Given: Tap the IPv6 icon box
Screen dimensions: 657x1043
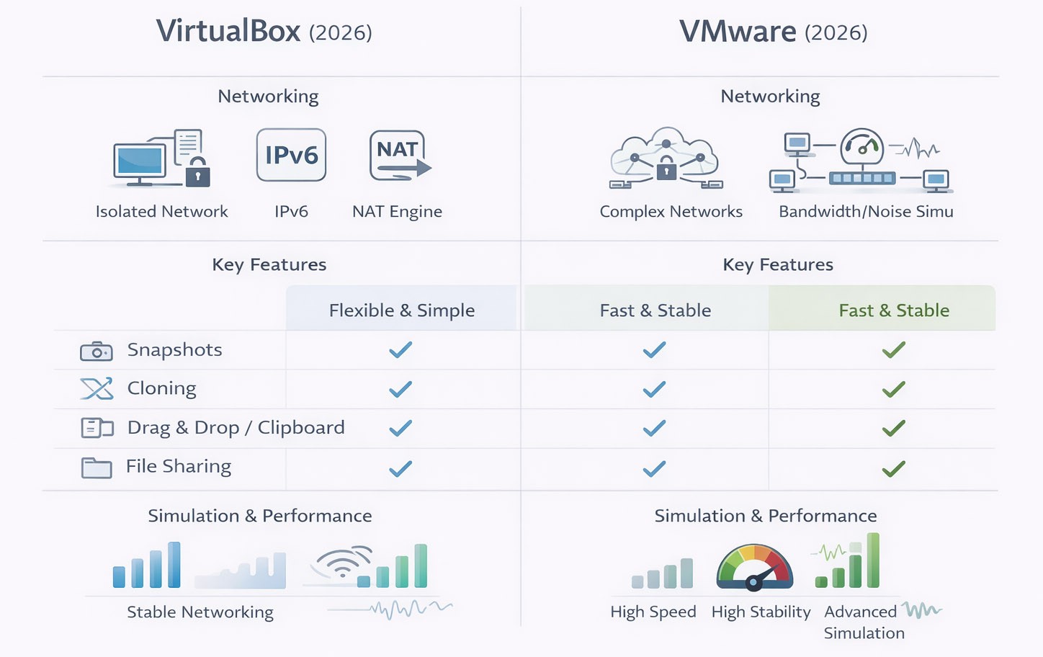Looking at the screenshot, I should (291, 155).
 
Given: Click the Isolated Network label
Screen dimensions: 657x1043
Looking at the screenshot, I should (161, 211).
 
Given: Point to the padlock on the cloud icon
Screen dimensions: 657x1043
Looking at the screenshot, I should (666, 169).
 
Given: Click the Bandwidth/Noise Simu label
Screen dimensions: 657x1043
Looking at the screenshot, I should (866, 211).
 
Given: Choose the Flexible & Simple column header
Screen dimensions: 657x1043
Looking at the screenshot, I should (401, 310).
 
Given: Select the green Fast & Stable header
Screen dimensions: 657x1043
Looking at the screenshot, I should (893, 310).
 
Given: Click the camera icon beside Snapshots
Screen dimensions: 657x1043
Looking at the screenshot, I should (97, 352).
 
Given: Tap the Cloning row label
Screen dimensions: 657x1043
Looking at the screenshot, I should (161, 388).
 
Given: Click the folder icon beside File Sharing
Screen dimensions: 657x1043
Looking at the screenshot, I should (97, 468).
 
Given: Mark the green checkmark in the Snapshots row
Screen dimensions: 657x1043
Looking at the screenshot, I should (893, 350).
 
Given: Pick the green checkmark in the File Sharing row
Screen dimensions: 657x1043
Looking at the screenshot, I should (893, 469).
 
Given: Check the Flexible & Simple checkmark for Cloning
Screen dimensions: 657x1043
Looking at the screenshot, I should (400, 389).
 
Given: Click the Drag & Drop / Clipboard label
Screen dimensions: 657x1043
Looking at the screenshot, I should (236, 427).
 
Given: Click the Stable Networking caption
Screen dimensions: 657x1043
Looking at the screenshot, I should (200, 612).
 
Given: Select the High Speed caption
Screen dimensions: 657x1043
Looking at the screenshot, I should (653, 612).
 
